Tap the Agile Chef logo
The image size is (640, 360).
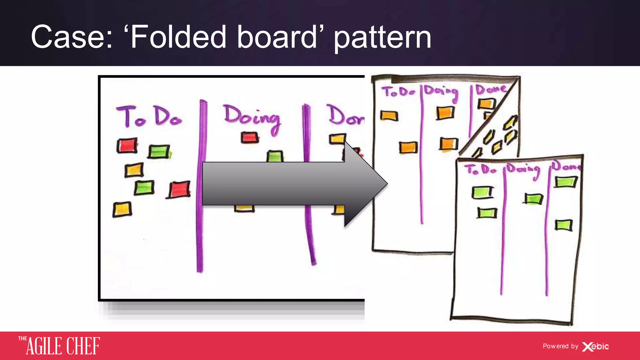point(59,346)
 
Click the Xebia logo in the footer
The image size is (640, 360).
point(596,346)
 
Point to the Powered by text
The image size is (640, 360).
point(560,346)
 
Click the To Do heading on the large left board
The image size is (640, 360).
point(149,117)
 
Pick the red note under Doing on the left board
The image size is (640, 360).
point(250,137)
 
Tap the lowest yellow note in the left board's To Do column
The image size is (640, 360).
point(122,209)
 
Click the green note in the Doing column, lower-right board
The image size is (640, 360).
point(533,199)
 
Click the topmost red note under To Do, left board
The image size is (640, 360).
point(127,146)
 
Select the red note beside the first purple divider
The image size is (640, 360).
point(179,189)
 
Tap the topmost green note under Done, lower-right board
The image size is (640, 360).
point(565,182)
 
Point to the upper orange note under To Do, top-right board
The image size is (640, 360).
point(389,116)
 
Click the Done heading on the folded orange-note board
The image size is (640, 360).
point(491,90)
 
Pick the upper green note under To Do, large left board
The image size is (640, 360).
point(159,152)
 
